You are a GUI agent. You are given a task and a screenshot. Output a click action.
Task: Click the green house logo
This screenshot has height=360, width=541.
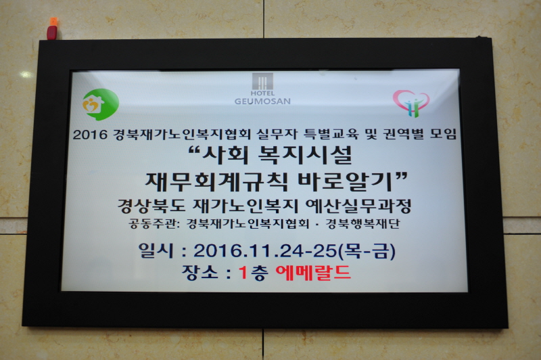[101, 104]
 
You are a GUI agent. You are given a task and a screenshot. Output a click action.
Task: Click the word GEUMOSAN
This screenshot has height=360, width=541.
[262, 101]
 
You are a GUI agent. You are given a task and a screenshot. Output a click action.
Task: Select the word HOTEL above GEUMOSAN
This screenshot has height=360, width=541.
[262, 93]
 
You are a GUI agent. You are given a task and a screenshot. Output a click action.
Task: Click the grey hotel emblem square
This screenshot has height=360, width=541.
[262, 81]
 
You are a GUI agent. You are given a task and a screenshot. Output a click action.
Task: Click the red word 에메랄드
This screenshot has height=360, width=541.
[313, 273]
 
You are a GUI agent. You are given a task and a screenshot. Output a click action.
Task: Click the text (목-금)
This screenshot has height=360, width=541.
[367, 251]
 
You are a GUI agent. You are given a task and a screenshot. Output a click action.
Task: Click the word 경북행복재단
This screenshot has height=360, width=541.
[363, 224]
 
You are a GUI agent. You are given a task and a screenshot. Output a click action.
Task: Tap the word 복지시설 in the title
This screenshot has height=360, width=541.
[305, 156]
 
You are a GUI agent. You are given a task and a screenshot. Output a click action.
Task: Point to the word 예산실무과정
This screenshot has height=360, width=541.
[358, 206]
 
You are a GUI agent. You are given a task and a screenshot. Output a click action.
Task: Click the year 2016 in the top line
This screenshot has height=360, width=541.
[90, 134]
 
